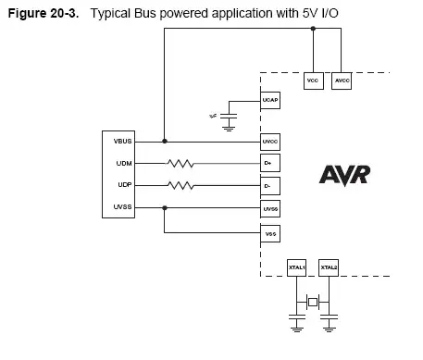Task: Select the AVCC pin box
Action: click(341, 81)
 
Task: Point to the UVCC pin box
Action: click(270, 141)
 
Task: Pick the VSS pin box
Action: click(270, 233)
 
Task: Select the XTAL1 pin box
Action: click(298, 267)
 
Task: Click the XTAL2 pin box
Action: click(329, 267)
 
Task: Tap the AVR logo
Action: click(348, 174)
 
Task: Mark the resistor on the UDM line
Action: click(181, 163)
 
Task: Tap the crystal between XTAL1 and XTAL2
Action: click(313, 303)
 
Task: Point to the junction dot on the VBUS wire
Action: click(165, 141)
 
